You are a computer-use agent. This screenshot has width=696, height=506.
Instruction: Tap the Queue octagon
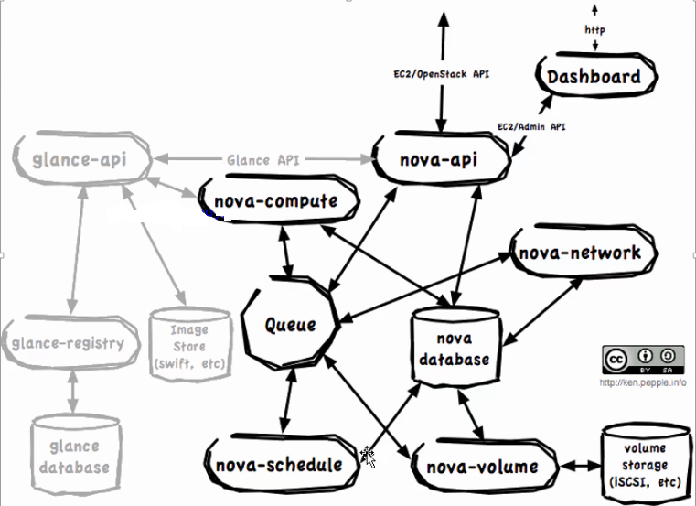click(x=291, y=323)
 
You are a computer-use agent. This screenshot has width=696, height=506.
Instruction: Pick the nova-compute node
click(x=278, y=199)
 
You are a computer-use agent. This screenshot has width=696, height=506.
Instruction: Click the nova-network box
click(x=583, y=252)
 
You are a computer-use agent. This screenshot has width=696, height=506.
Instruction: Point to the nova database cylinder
click(x=456, y=347)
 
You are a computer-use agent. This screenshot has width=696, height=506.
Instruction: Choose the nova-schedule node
click(x=282, y=465)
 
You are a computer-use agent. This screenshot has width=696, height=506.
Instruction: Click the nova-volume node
click(x=484, y=467)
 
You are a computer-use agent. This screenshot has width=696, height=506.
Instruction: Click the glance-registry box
click(x=70, y=342)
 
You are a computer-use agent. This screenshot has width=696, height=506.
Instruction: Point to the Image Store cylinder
click(x=190, y=345)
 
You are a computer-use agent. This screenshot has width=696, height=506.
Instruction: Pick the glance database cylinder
click(x=76, y=456)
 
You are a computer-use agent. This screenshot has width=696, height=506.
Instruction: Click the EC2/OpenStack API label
click(x=442, y=74)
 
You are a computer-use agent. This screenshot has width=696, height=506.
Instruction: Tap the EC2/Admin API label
click(x=531, y=126)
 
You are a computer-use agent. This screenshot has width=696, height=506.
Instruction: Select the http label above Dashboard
click(x=594, y=30)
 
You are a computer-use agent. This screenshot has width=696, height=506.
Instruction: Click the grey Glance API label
click(x=263, y=159)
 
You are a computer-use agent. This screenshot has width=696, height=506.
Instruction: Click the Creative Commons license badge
click(x=643, y=360)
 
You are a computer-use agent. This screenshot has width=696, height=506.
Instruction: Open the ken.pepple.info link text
click(x=643, y=382)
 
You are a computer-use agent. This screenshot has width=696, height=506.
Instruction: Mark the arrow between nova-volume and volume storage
click(x=580, y=466)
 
